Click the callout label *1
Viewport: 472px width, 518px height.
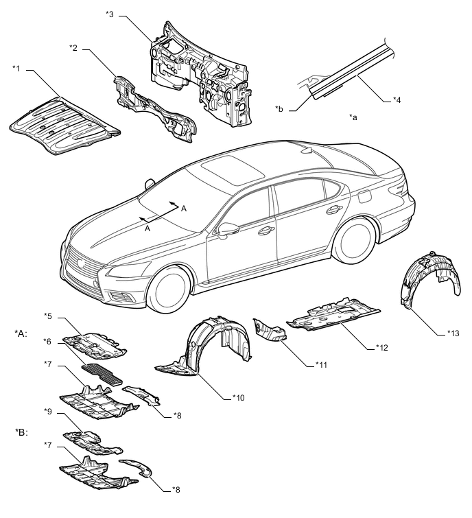(x=16, y=69)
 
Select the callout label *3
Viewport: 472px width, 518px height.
(x=110, y=14)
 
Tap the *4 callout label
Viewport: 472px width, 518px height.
(x=397, y=99)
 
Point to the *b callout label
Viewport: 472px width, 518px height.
(x=279, y=109)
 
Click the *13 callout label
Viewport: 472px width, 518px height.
(x=453, y=333)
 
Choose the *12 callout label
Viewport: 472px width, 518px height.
(x=382, y=348)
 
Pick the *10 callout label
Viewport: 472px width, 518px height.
(x=239, y=398)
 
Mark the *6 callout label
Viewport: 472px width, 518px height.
(x=47, y=341)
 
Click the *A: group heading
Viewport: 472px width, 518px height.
(x=21, y=333)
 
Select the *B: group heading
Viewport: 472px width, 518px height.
(x=21, y=432)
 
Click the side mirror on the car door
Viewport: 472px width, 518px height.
(x=228, y=229)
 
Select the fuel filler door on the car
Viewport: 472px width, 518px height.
(x=364, y=197)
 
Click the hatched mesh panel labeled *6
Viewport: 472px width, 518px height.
(x=102, y=375)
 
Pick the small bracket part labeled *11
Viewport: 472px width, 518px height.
(x=269, y=330)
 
